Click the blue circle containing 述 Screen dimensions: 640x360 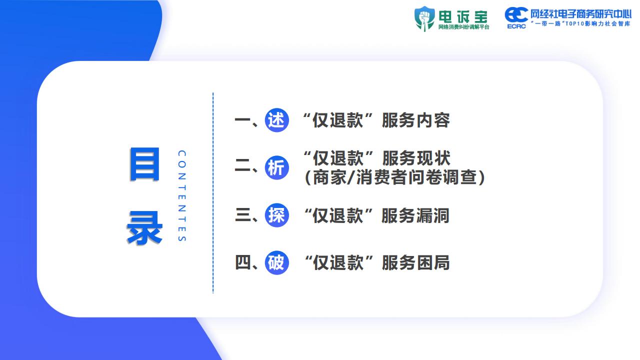tap(276, 120)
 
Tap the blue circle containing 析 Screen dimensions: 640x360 tap(276, 167)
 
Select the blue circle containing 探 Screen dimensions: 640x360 tap(276, 215)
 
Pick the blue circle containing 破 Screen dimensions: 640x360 tap(276, 262)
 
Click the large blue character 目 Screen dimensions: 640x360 tap(144, 164)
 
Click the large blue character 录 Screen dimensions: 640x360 tap(144, 227)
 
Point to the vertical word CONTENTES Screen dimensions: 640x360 tap(182, 195)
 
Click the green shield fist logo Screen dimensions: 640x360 tap(424, 18)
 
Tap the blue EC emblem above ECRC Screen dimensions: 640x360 tap(516, 14)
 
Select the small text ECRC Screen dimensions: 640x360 tap(516, 26)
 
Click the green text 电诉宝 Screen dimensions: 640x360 tap(463, 17)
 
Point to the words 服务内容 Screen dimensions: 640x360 tap(416, 120)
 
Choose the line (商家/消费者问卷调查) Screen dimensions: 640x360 tap(395, 177)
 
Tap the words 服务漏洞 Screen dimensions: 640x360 tap(415, 215)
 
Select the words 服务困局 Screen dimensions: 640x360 tap(416, 263)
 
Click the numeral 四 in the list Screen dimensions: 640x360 tap(243, 262)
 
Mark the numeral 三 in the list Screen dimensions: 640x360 tap(243, 215)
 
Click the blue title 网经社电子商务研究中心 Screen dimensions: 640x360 tap(581, 14)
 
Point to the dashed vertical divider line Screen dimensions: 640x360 tap(213, 193)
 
